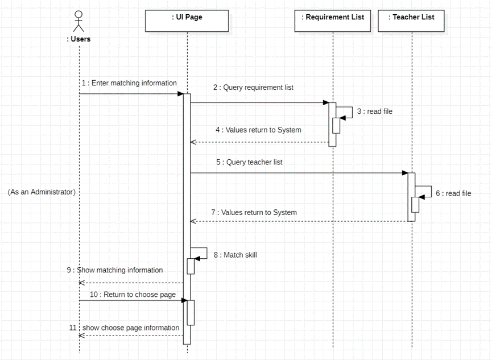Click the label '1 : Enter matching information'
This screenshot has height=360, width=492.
(129, 83)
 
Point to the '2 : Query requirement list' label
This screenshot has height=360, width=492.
(253, 88)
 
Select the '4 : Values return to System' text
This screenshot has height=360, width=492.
(258, 130)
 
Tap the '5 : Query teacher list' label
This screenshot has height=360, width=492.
(249, 162)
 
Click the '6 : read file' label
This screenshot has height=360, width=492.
(453, 193)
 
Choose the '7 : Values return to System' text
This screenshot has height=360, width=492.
(254, 212)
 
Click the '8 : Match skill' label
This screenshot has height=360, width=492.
(235, 255)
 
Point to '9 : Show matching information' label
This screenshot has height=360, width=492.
(115, 270)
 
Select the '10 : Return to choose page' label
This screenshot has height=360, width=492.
(133, 295)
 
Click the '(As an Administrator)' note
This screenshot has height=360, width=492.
(42, 192)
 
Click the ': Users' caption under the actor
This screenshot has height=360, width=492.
(78, 39)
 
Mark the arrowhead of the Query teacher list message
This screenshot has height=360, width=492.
(404, 173)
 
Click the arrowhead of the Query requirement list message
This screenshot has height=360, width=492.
(325, 103)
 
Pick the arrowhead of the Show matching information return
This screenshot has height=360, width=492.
(82, 283)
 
